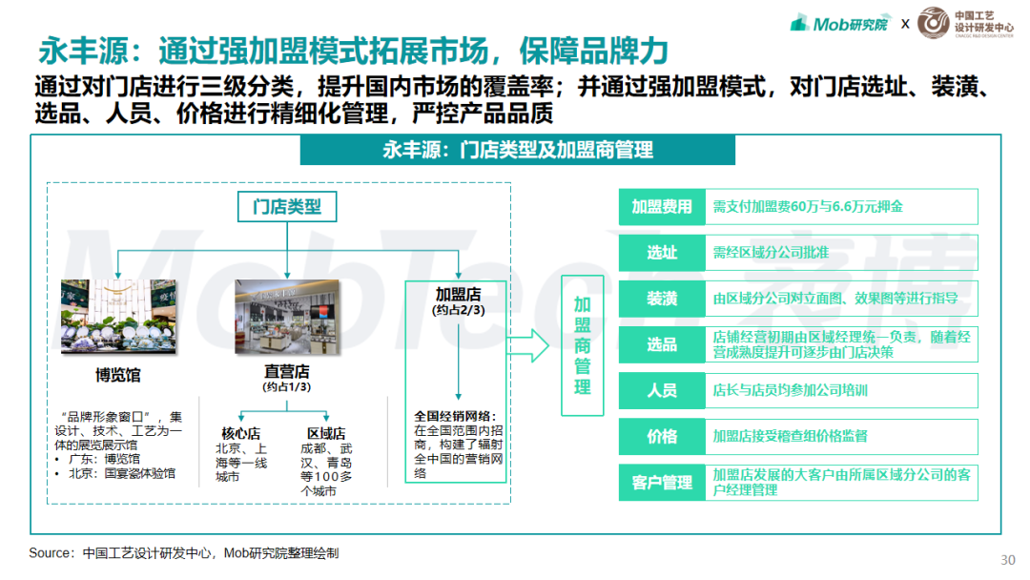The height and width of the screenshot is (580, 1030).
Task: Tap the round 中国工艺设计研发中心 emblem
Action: click(934, 23)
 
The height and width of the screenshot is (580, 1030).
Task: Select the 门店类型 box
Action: click(287, 207)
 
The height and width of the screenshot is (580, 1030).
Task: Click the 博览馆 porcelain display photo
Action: click(118, 317)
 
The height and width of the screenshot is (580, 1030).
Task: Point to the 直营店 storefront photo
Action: click(288, 317)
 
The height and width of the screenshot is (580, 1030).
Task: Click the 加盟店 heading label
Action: click(459, 294)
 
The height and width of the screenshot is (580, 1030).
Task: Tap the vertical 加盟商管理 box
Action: click(583, 345)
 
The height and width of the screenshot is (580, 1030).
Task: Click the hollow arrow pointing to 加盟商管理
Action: click(527, 345)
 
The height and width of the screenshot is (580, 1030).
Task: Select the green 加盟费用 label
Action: click(662, 207)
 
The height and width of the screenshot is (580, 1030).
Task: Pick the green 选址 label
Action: click(662, 253)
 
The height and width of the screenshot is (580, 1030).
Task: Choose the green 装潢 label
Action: click(662, 299)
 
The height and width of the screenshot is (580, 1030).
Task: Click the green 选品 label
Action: click(662, 344)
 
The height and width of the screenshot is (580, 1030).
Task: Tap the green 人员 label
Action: click(662, 391)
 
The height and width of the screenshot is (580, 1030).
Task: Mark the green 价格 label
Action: click(662, 437)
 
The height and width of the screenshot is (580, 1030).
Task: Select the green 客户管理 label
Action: click(662, 483)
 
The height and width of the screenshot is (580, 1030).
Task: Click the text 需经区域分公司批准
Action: click(771, 253)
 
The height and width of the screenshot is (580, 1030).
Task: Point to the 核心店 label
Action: click(241, 433)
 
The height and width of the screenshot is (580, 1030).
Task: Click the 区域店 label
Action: click(326, 433)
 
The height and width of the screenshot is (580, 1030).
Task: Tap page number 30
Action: click(1008, 560)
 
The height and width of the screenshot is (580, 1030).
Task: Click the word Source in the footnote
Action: click(48, 553)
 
